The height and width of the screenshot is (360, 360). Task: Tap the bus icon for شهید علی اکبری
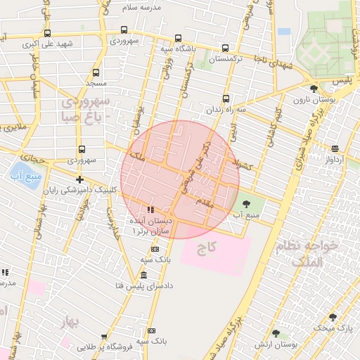(47, 33)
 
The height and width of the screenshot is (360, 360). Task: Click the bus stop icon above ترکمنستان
(225, 49)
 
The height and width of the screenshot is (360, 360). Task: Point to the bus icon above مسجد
(96, 72)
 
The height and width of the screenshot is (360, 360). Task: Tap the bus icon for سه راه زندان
(226, 99)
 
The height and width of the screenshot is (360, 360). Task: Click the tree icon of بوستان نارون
(313, 89)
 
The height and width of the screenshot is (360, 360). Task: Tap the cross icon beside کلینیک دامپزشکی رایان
(79, 179)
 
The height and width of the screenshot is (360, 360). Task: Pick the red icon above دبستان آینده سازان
(150, 210)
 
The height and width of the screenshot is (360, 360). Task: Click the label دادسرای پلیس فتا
(143, 285)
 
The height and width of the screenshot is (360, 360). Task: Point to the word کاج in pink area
(205, 248)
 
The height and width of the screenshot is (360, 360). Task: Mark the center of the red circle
(180, 179)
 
